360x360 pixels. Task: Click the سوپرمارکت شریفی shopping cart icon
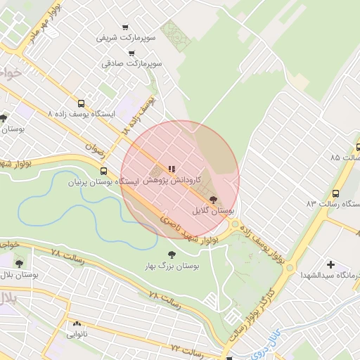[125, 27]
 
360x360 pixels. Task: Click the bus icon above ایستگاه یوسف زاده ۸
[81, 103]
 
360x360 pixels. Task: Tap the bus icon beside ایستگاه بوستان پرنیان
[104, 171]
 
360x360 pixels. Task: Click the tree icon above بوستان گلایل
[214, 200]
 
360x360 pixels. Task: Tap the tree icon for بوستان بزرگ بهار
[172, 255]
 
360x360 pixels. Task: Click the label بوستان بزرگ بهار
[172, 266]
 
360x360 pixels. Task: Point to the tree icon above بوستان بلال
[19, 263]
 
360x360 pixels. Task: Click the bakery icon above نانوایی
[77, 324]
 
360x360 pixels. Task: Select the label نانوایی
[77, 335]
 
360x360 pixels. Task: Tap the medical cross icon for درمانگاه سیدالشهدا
[330, 264]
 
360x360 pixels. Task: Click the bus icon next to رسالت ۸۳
[335, 193]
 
